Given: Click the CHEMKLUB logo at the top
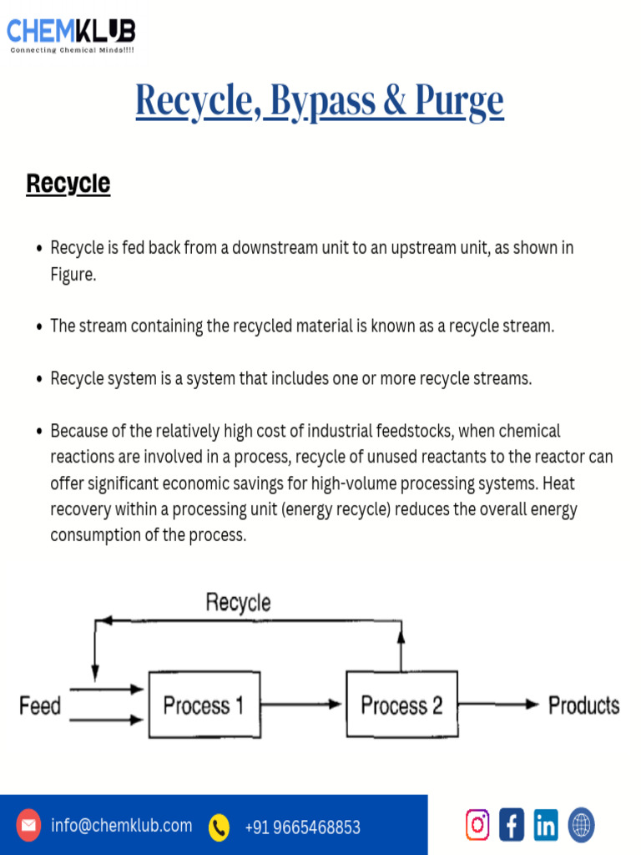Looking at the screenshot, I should click(71, 33).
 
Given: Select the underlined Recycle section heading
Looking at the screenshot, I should click(68, 184).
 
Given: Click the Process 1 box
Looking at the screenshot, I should click(204, 705).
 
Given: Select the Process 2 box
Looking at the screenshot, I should click(401, 705).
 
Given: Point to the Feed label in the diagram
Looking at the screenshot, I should click(40, 706).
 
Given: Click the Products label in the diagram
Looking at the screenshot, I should click(583, 706).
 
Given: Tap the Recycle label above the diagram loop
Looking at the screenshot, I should click(238, 602).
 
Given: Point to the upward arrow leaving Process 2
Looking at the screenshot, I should click(401, 646).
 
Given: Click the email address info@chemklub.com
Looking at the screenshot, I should click(121, 826).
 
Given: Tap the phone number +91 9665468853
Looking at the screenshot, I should click(302, 827).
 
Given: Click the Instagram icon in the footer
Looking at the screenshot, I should click(477, 825).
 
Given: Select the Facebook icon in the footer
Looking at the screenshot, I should click(512, 825).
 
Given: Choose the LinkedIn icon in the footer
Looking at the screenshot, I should click(546, 825).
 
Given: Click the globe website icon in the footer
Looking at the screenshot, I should click(581, 825).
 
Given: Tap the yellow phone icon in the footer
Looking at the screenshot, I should click(219, 827).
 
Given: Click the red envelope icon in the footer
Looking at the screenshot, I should click(29, 826).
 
